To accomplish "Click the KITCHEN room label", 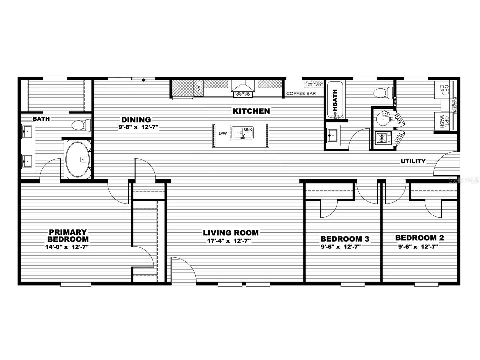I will [251, 111].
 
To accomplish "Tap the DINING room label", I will [136, 119].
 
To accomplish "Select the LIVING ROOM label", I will [231, 233].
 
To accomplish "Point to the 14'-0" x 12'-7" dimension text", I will [67, 247].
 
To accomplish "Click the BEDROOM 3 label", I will [345, 239].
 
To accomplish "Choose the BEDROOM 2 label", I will [419, 238].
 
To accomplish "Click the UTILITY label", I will [413, 161].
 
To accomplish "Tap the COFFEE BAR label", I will [301, 94].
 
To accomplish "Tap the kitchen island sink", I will [242, 133].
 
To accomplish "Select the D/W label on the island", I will [223, 133].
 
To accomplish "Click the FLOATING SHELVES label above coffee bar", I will [314, 84].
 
